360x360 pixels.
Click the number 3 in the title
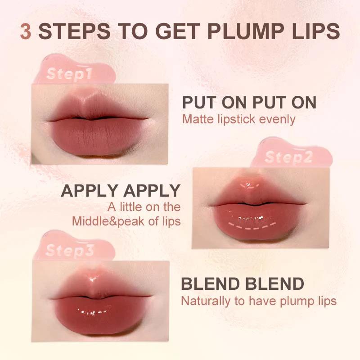[x=26, y=32]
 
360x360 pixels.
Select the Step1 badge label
[x=69, y=74]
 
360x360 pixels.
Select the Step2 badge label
[x=288, y=157]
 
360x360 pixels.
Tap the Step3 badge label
[x=70, y=250]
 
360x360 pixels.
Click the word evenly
[x=277, y=120]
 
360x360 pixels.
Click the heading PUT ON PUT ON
[x=249, y=103]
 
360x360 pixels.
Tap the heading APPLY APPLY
[x=121, y=191]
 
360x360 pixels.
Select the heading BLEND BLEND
[x=242, y=284]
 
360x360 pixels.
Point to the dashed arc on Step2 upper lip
[x=247, y=184]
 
